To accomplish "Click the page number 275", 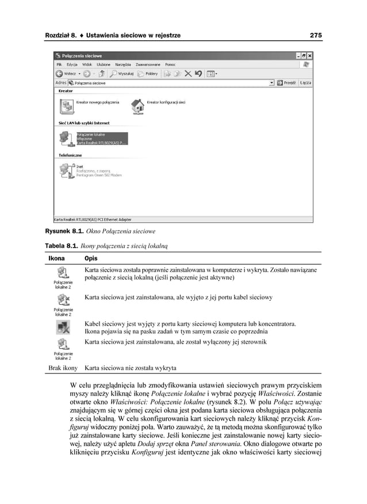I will click(x=315, y=36).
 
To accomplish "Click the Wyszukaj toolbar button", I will click(x=123, y=74).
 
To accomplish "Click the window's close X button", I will click(x=309, y=56).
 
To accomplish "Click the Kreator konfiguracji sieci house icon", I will click(x=137, y=105).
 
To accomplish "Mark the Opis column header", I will click(x=91, y=259).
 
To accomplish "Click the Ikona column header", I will click(x=56, y=259).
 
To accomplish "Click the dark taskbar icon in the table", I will click(x=63, y=328).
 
